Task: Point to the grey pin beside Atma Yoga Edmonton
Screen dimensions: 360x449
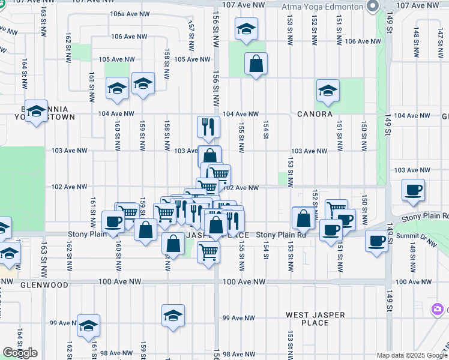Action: click(372, 7)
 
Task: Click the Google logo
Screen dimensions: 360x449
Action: click(20, 353)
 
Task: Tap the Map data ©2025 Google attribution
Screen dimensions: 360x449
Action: click(412, 355)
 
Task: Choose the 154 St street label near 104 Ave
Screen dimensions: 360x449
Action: click(265, 130)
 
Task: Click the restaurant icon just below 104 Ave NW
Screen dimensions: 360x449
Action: click(209, 127)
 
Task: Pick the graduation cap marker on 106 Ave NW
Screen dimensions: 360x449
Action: click(246, 29)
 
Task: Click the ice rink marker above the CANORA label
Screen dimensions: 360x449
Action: click(328, 90)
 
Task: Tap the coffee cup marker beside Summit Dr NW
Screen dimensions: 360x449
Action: click(376, 241)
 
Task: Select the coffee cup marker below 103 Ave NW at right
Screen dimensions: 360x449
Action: click(413, 190)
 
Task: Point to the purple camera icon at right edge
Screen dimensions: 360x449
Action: click(438, 309)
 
